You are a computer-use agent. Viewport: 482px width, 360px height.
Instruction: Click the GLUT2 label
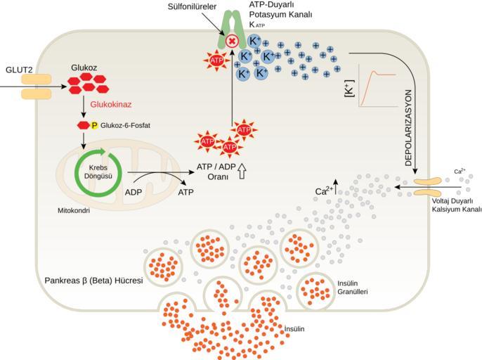19,70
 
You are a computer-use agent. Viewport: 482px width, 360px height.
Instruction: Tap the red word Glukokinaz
111,104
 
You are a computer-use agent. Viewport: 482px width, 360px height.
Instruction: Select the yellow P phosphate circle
94,125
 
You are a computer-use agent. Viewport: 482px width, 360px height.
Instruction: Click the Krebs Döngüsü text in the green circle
98,172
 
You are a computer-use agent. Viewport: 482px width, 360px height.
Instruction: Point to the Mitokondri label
74,211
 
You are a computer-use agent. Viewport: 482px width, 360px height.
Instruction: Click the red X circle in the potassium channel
232,41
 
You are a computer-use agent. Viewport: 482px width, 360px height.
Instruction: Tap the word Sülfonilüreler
192,6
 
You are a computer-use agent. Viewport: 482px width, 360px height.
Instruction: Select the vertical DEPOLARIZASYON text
408,128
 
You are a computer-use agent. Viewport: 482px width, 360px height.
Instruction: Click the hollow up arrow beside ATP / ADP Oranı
242,171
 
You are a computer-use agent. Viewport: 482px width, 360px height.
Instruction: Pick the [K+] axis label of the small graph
350,89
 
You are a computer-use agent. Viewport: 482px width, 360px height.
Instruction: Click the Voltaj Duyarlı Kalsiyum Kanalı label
457,205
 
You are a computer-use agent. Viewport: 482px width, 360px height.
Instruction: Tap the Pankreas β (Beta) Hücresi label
93,281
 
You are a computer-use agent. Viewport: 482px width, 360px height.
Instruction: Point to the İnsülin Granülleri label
352,288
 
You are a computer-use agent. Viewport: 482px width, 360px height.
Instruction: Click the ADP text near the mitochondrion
133,193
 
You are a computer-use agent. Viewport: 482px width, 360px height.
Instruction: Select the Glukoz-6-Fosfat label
125,126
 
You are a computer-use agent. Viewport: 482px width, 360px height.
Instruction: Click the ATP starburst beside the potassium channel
216,60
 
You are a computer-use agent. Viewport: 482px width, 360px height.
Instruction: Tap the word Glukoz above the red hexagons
84,67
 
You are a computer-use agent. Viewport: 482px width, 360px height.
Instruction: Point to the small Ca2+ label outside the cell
460,171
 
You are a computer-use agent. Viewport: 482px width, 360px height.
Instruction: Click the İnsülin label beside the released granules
294,328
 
